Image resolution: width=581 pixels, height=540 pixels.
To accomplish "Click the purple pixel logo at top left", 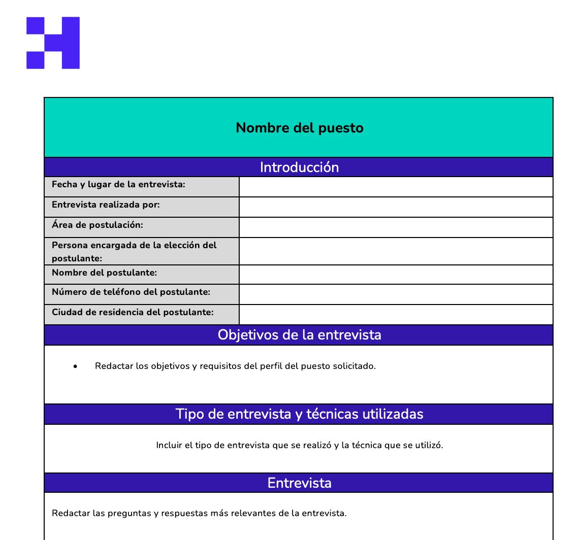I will coord(53,43).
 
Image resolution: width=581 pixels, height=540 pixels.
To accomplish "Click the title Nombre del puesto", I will coord(300,128).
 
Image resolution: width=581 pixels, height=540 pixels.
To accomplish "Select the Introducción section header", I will coord(299,167).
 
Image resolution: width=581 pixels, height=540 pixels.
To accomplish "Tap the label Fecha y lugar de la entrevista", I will coord(118,185).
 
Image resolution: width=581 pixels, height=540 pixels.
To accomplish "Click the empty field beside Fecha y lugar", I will coord(396,187).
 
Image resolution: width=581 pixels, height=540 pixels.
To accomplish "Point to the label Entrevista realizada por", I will coord(106,205).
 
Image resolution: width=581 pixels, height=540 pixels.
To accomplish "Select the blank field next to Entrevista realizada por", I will coord(396,207).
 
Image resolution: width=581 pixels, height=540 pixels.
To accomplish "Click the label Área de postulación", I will coord(98,225).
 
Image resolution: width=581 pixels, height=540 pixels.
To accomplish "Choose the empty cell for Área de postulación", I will coord(396,227).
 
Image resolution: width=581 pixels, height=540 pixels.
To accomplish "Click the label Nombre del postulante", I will coord(104,273).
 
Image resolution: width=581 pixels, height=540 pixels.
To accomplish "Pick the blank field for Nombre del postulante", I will coord(396,275).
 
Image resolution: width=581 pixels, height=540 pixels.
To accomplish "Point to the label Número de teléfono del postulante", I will coord(131,292).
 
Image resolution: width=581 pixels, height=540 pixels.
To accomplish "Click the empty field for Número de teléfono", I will coord(396,294).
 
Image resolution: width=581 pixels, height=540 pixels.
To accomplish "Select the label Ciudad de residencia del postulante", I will coord(133,312).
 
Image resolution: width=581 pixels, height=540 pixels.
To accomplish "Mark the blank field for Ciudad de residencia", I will coord(396,315).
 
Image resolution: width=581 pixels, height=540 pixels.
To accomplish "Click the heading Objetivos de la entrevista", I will coord(299,335).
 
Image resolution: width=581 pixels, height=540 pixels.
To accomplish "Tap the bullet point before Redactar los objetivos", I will coord(75,366).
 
